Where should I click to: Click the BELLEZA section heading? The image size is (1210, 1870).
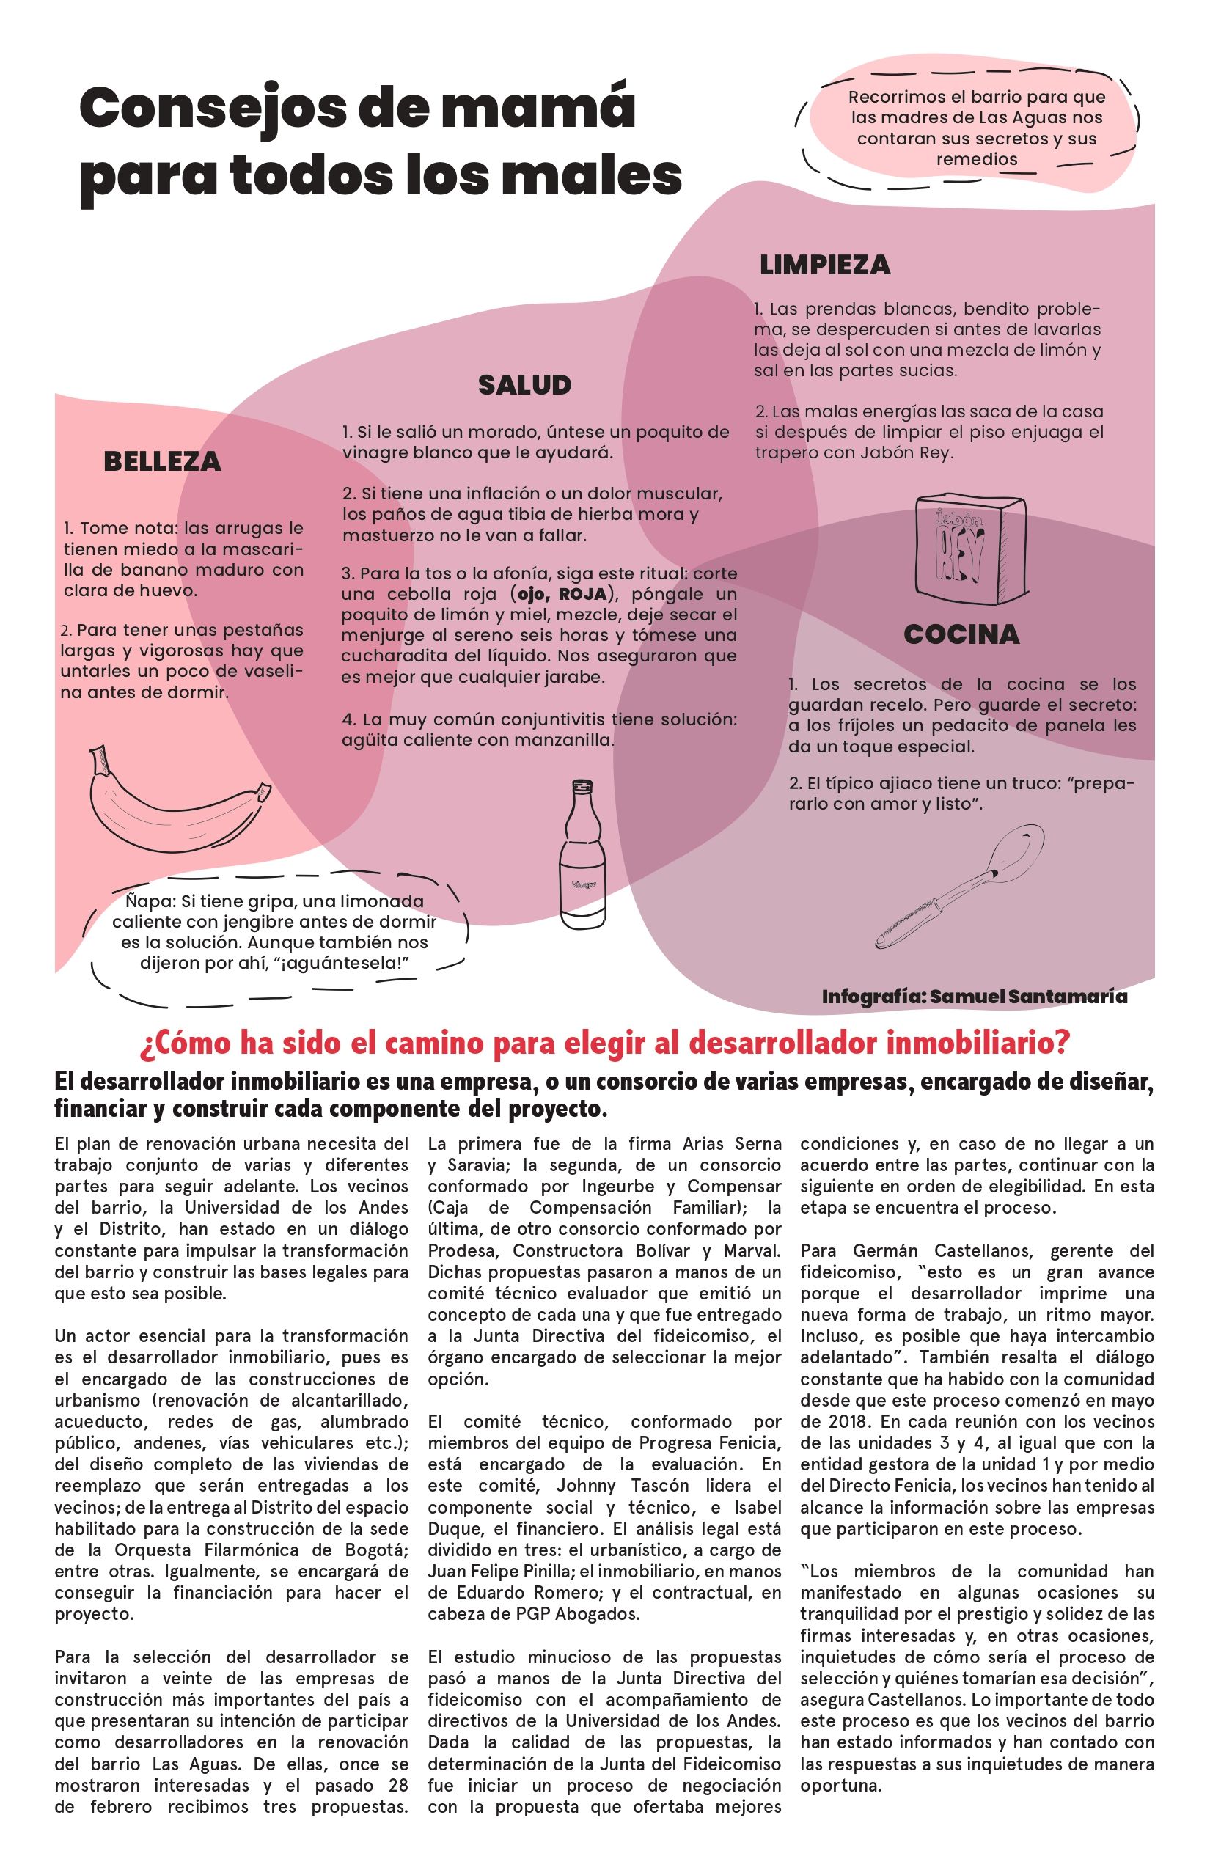coord(162,462)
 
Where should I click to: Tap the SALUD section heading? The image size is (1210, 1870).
coord(524,385)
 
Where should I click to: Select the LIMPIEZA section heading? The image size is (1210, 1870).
coord(824,265)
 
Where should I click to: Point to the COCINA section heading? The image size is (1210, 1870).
coord(961,634)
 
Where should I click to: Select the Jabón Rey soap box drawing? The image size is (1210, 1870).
coord(970,550)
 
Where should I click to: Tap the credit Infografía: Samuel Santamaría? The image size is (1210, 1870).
coord(975,997)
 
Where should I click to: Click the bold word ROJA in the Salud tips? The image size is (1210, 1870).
coord(582,594)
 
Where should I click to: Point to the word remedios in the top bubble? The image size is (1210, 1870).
coord(977,160)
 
